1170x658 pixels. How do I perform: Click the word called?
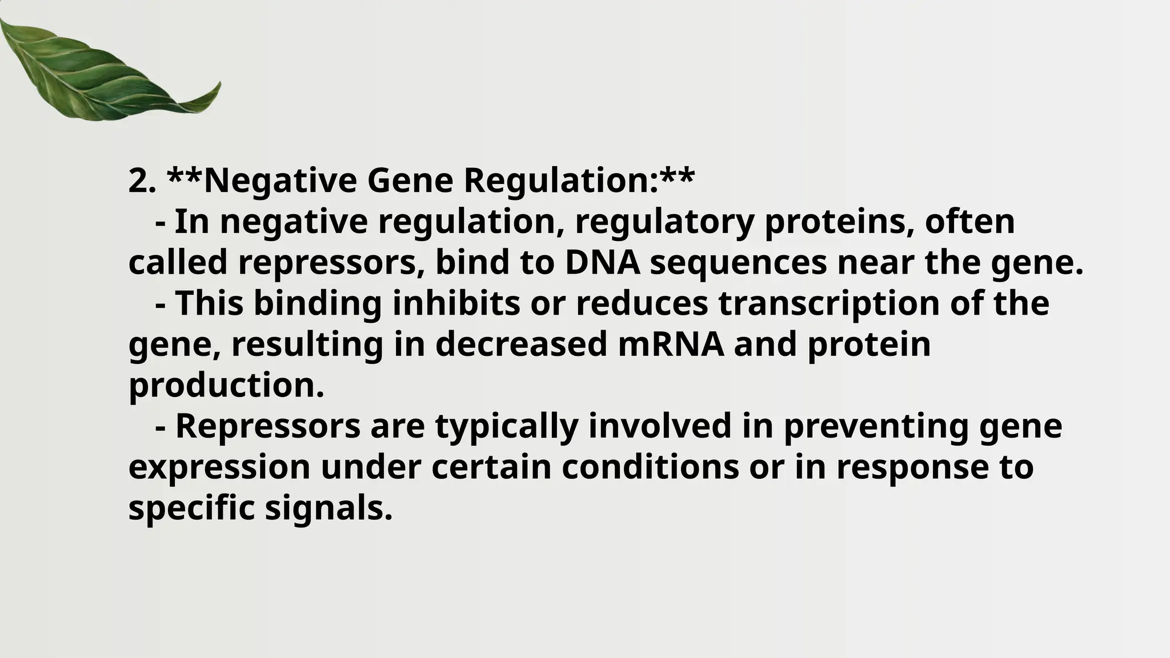[x=178, y=263]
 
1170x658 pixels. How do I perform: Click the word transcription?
[x=829, y=304]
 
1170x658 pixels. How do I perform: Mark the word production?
[x=226, y=386]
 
